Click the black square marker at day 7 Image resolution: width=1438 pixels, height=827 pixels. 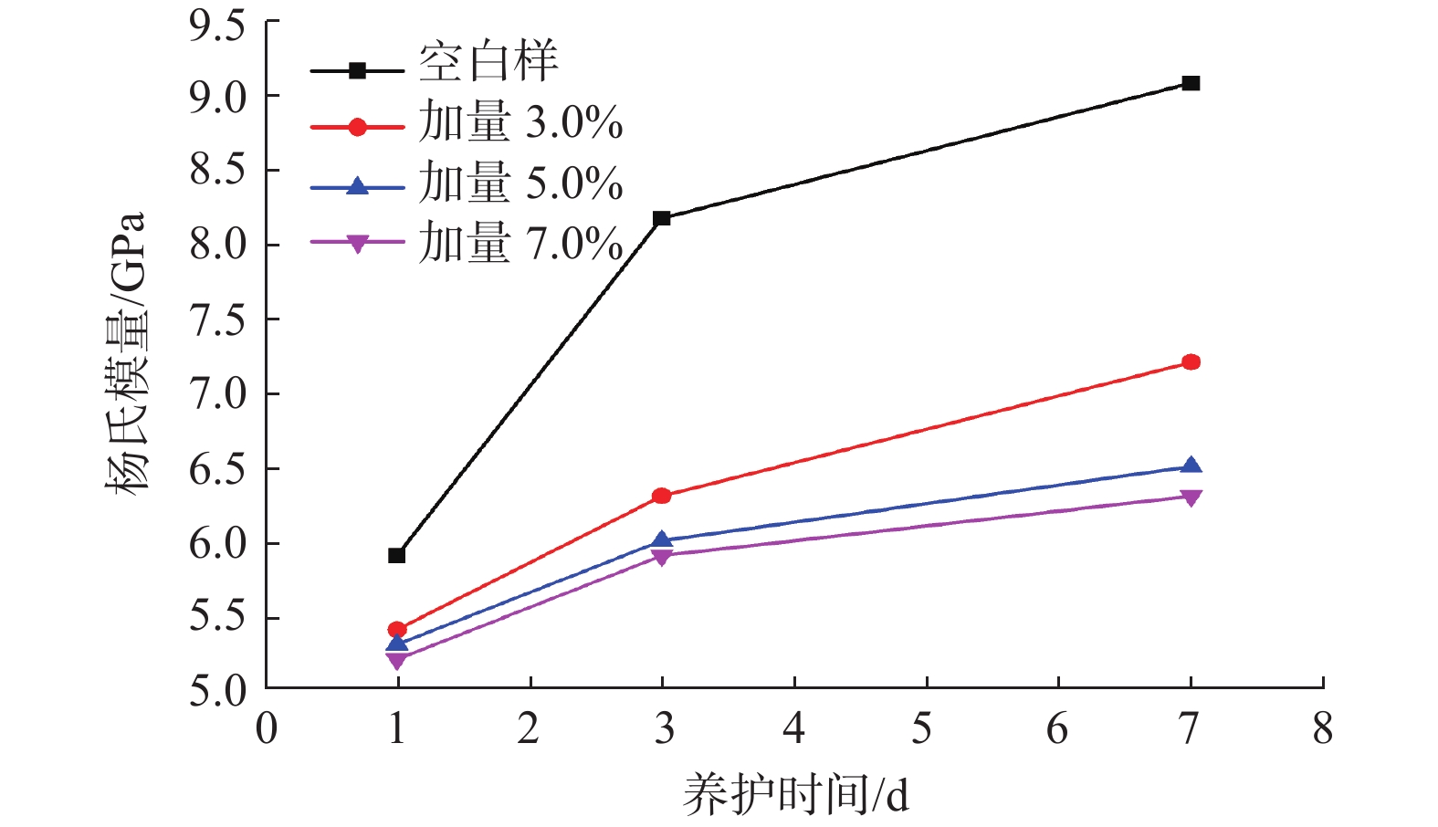tap(1191, 83)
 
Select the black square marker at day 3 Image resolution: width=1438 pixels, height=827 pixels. tap(662, 218)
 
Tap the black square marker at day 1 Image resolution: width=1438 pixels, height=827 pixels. tap(397, 555)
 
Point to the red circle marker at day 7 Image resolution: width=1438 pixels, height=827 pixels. tap(1191, 362)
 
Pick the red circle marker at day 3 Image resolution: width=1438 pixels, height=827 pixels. tap(662, 496)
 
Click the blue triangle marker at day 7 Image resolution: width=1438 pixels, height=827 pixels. tap(1191, 466)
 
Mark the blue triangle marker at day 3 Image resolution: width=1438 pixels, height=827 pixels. tap(662, 540)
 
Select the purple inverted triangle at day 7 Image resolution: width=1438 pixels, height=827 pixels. tap(1191, 497)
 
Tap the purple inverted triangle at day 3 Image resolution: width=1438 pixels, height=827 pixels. tap(662, 556)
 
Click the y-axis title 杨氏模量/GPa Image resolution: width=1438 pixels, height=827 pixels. tap(125, 353)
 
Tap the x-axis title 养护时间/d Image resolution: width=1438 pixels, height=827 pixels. tap(796, 794)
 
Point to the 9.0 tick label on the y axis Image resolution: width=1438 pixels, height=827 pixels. tap(217, 98)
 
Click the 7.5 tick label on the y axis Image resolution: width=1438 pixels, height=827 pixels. tap(217, 321)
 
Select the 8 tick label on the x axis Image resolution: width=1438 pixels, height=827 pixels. tap(1322, 728)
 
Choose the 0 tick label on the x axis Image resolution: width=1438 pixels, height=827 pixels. tap(267, 728)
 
